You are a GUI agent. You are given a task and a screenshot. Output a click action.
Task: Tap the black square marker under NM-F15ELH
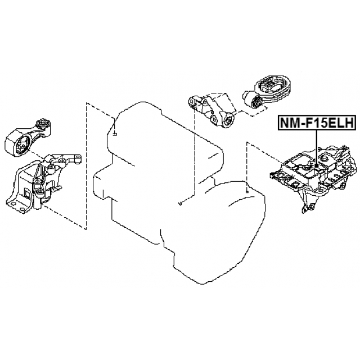tap(317, 165)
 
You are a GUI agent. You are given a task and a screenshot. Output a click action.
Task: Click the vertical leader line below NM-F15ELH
tap(317, 146)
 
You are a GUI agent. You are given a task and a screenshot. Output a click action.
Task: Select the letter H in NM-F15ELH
tap(349, 123)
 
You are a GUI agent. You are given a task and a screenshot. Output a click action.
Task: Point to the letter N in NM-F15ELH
tap(285, 123)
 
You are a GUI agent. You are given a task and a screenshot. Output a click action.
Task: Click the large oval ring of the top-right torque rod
tap(274, 88)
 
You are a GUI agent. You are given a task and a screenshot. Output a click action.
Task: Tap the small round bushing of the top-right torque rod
tap(256, 102)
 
